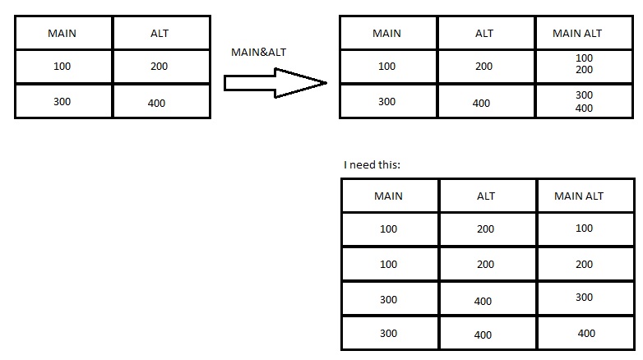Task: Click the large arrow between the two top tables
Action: (275, 82)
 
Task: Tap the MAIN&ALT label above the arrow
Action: (259, 53)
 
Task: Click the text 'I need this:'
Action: (372, 165)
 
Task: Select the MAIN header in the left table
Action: (62, 34)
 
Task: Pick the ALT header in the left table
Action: (160, 34)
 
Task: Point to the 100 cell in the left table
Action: (62, 67)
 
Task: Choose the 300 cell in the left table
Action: (62, 102)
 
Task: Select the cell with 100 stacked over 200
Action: (584, 64)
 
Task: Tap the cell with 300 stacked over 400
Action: (584, 101)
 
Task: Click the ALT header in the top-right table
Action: (484, 34)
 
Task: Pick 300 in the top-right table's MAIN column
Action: (387, 102)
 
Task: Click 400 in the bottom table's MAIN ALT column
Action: (586, 334)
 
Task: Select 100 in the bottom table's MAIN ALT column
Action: (585, 228)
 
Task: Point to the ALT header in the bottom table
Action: (486, 196)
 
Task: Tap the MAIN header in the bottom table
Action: (389, 196)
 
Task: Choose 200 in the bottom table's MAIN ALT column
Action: (585, 265)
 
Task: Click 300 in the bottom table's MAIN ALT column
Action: (585, 298)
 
